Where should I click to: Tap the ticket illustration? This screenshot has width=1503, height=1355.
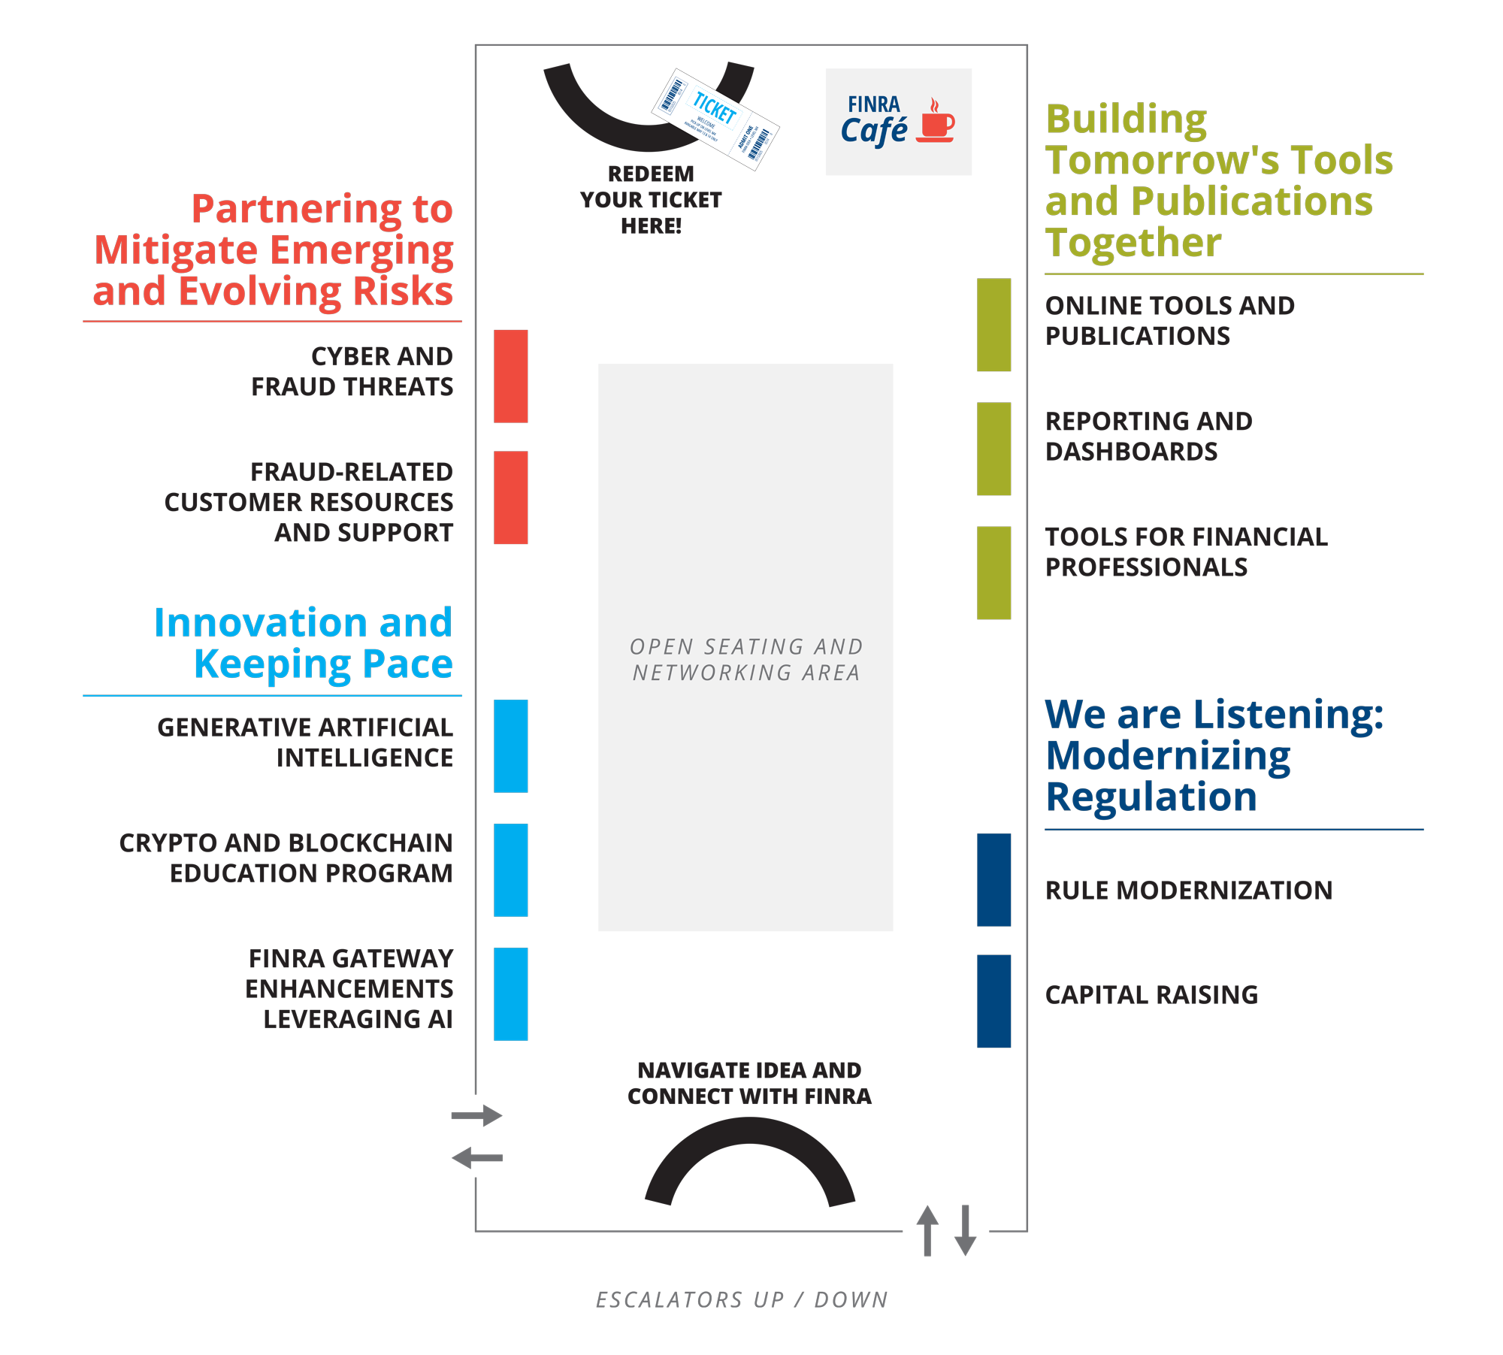715,119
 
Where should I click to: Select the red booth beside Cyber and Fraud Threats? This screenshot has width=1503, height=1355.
510,376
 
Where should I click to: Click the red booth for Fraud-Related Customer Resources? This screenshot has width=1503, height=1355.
510,498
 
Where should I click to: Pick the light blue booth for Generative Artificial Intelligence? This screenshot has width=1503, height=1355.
510,746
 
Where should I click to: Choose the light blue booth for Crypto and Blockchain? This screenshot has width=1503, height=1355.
510,870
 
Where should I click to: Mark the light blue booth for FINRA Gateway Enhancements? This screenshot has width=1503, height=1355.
510,994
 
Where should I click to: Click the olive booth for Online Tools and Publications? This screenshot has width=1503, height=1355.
993,325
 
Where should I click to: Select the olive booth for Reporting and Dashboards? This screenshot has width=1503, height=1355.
993,449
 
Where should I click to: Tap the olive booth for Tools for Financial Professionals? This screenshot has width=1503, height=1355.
993,573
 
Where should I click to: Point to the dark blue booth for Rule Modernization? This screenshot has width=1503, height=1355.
993,879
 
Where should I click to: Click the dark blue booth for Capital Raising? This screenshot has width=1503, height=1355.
993,1001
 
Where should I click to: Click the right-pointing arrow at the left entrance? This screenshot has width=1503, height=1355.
477,1115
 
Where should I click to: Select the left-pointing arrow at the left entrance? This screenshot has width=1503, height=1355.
477,1158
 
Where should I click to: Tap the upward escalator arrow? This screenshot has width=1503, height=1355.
927,1230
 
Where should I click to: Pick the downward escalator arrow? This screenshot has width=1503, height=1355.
966,1230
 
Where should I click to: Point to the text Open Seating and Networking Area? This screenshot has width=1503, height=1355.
745,659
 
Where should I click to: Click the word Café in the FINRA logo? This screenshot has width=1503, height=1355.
874,132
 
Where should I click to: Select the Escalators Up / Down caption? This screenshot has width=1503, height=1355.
742,1299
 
